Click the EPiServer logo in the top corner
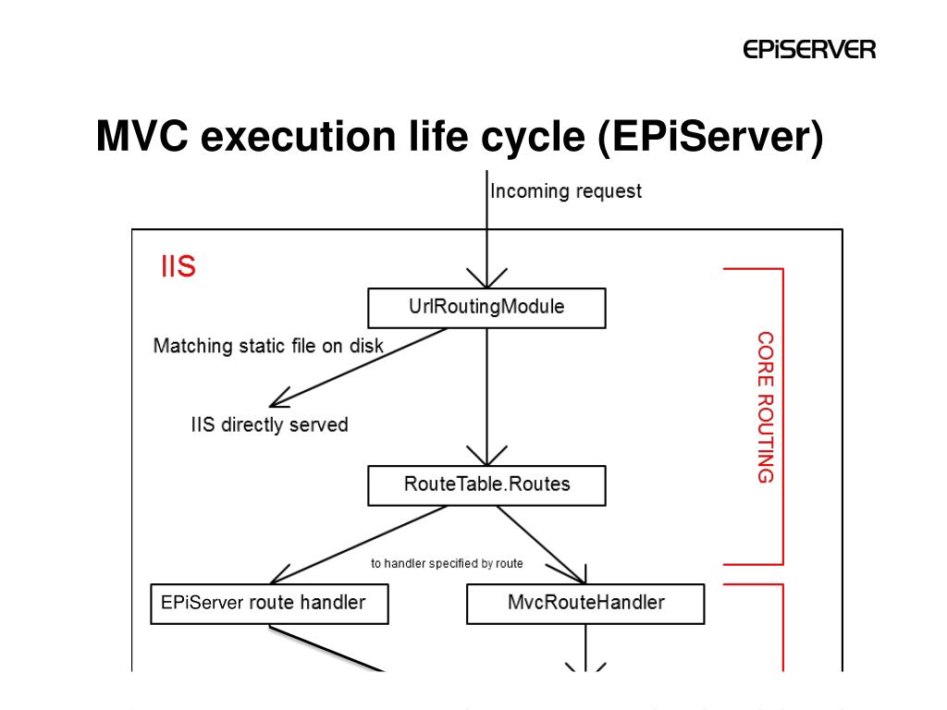click(809, 49)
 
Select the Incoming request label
click(565, 191)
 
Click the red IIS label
click(178, 268)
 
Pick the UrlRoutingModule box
click(486, 308)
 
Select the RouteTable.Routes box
click(486, 484)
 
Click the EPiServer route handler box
click(269, 604)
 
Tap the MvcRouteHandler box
click(585, 604)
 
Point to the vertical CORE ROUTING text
click(765, 407)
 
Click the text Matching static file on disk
click(268, 346)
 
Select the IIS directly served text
click(269, 425)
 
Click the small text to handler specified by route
click(447, 563)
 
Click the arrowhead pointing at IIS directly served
click(277, 400)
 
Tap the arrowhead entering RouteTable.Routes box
click(486, 456)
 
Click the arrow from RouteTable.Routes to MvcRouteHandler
click(547, 545)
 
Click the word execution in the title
click(300, 137)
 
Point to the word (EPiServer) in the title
click(709, 137)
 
